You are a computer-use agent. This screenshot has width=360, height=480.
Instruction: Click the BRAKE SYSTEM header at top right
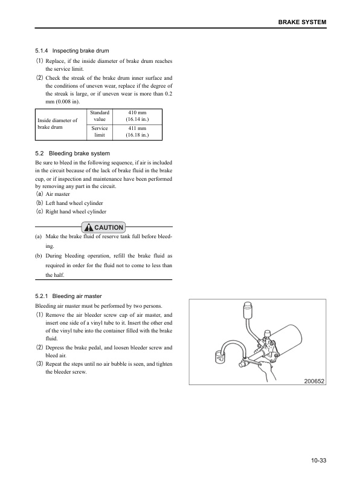[x=302, y=22]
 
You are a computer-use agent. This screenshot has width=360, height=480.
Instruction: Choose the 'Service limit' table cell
[x=99, y=132]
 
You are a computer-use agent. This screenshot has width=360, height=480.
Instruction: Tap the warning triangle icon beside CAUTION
[x=89, y=227]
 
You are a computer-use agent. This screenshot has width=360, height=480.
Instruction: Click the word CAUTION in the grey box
[x=109, y=227]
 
